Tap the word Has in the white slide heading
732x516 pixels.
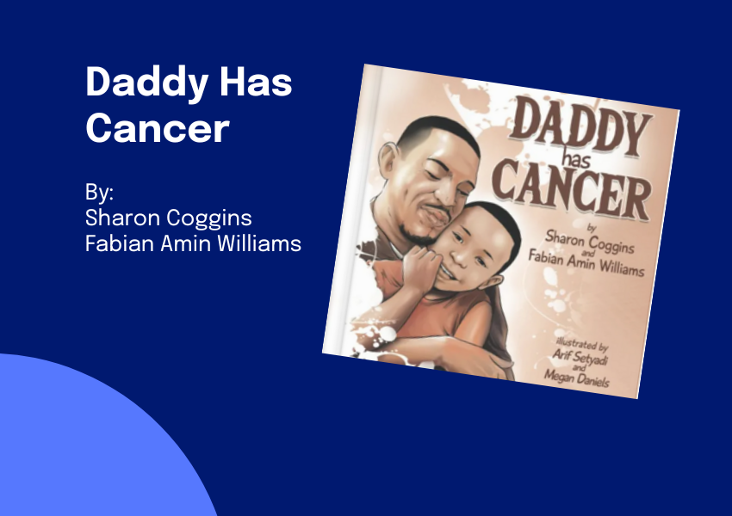click(x=257, y=83)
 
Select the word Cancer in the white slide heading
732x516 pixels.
click(x=157, y=129)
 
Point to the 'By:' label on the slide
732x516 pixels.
click(x=100, y=190)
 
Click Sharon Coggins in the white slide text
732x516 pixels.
click(x=169, y=217)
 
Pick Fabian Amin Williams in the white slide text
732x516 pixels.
click(x=193, y=243)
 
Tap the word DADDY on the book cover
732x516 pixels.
click(x=579, y=128)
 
